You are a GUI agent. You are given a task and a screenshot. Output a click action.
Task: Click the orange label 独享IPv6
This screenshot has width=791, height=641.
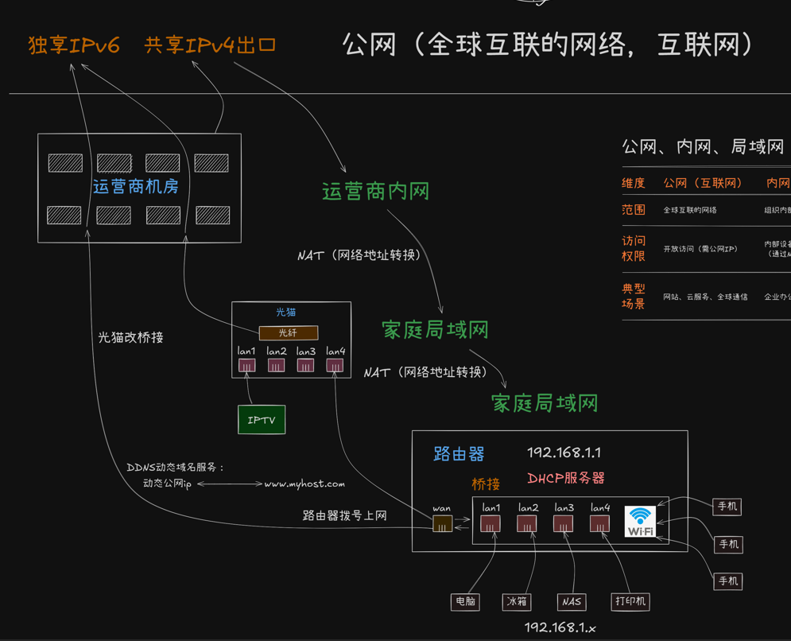74,45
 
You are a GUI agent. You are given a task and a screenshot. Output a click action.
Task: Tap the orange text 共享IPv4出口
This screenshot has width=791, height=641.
211,45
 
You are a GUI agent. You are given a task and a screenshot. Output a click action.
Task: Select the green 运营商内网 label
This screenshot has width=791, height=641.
375,192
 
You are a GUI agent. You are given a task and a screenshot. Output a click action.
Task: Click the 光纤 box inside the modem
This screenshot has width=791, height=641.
288,333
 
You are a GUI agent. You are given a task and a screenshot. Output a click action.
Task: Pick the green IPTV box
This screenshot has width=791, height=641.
262,420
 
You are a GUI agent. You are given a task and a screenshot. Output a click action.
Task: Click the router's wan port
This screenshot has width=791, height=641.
442,523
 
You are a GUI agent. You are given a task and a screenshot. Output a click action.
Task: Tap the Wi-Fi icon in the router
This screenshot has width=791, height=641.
641,522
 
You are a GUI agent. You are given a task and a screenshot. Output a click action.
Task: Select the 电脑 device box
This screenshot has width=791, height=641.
465,601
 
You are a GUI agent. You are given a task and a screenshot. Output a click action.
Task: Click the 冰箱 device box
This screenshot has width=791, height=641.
517,601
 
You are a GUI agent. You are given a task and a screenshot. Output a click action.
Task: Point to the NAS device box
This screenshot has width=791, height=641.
571,602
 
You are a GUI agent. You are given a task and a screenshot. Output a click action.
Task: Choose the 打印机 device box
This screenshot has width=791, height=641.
630,601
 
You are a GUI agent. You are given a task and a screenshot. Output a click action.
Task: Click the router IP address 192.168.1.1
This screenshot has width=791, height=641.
564,453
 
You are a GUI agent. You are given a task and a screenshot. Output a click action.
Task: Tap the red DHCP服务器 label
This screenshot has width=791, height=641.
566,478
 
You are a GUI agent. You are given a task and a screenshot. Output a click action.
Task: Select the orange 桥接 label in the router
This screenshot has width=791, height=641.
486,484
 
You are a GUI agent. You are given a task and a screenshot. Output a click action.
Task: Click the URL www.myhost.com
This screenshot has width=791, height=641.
304,484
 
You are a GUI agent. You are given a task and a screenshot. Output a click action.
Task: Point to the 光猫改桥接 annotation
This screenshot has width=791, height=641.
131,337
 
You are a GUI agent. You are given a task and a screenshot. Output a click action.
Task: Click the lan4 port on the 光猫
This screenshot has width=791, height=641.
335,365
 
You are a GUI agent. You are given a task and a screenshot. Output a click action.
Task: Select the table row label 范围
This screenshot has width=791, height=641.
634,210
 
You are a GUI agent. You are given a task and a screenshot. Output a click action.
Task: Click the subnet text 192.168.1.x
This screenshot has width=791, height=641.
560,627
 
